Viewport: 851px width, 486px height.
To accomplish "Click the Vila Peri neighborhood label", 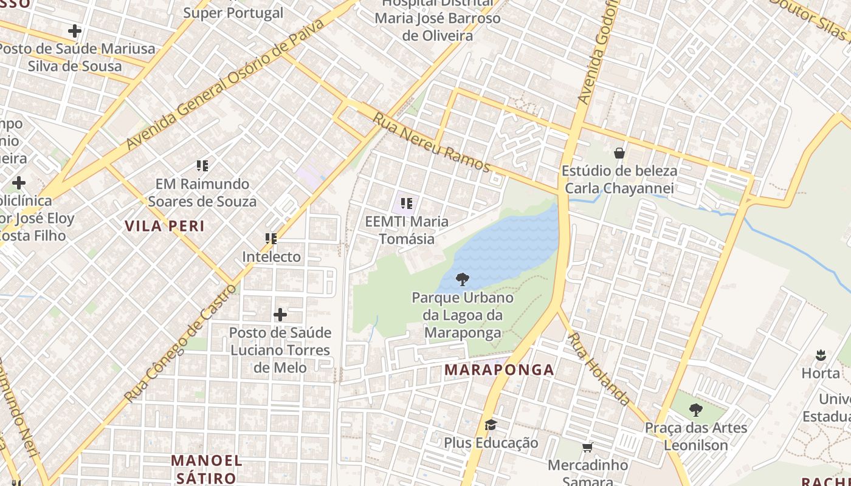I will tap(165, 226).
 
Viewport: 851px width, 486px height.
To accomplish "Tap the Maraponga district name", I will tap(499, 369).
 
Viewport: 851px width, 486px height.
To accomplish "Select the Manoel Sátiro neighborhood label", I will tap(206, 469).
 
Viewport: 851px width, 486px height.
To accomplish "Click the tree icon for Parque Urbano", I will tap(462, 279).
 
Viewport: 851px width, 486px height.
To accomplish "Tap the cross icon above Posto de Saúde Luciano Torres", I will tap(280, 315).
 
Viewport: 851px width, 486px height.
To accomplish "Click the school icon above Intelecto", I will tap(271, 239).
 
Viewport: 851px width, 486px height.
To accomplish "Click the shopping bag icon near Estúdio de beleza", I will tap(619, 152).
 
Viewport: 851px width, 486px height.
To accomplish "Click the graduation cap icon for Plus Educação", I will tap(491, 425).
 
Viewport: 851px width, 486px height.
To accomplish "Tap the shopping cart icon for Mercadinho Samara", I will tap(587, 448).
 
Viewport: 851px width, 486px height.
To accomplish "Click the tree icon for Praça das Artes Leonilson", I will tap(696, 410).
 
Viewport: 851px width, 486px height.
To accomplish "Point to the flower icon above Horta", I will tap(821, 355).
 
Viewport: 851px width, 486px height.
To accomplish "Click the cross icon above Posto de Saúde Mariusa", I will tap(75, 30).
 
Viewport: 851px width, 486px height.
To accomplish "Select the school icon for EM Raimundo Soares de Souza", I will tap(202, 165).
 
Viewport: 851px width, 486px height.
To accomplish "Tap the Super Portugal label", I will tap(233, 13).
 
